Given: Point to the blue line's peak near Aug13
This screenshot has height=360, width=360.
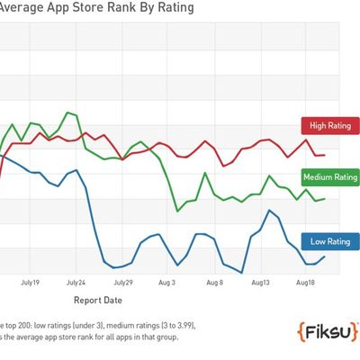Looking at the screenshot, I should click(x=269, y=210).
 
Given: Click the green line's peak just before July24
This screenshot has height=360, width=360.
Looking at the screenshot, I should click(x=67, y=112).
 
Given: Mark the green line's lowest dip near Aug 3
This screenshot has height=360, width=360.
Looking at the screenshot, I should click(x=177, y=211).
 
